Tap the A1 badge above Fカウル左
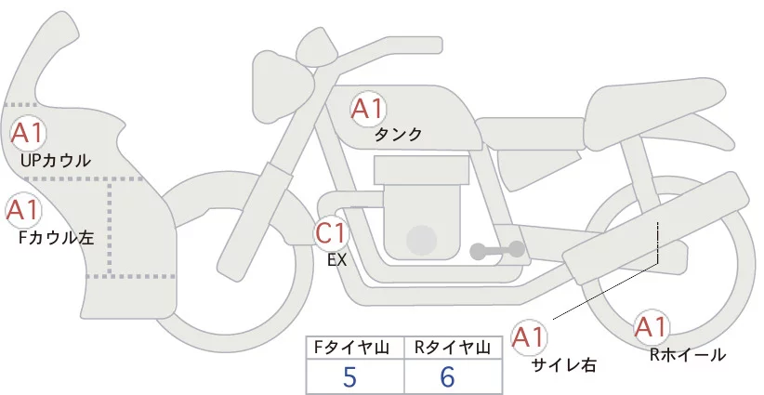coord(22,210)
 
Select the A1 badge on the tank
coord(367,109)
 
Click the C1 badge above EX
coord(331,232)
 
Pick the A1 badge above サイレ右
coord(531,336)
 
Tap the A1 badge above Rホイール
coord(650,327)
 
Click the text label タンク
coord(398,135)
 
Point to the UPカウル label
coord(55,161)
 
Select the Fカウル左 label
coord(56,238)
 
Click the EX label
coord(336,261)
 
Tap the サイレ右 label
coord(563,364)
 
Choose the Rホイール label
coord(688,354)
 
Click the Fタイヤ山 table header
coord(354,348)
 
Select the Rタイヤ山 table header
coord(454,348)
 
